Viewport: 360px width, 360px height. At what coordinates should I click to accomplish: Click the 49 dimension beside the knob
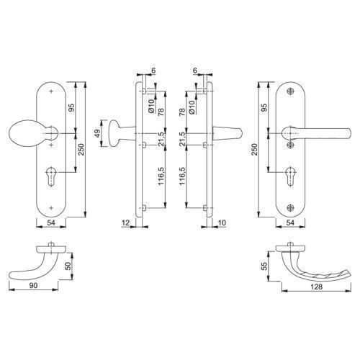pos(97,133)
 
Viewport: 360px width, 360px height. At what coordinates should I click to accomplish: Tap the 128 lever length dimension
pos(316,287)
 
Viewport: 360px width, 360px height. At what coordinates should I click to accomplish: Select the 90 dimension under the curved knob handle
pos(33,286)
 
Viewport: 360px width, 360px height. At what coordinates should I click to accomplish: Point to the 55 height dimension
pos(264,266)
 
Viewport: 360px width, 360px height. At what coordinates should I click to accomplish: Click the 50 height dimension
pos(68,266)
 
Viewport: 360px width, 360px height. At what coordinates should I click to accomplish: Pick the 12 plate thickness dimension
pos(125,222)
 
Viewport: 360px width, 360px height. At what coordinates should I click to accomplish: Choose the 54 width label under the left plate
pos(51,222)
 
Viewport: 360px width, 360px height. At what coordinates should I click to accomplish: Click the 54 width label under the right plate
pos(290,222)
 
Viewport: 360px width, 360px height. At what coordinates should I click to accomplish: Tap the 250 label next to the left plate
pos(81,149)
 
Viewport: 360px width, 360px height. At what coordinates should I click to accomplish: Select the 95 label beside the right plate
pos(264,107)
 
